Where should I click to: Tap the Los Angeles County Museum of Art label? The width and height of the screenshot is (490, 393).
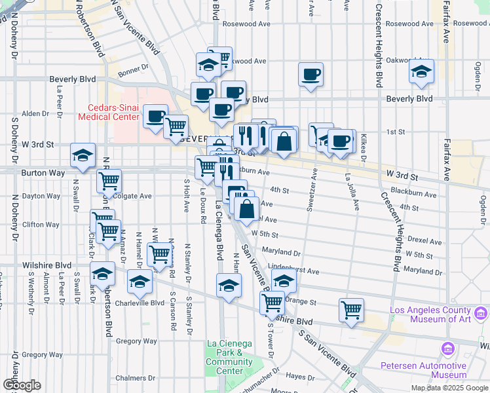(430, 314)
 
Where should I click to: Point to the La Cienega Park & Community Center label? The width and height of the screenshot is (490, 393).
(229, 357)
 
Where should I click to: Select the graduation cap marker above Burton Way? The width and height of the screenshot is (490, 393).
(83, 155)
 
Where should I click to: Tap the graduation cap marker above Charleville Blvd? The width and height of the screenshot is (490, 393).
(139, 282)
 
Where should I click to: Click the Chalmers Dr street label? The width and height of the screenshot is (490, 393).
(134, 378)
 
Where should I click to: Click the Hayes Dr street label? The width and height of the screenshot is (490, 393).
(301, 377)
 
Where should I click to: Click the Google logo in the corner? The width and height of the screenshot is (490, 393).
(22, 385)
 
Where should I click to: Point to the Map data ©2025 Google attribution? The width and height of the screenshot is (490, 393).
(449, 388)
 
